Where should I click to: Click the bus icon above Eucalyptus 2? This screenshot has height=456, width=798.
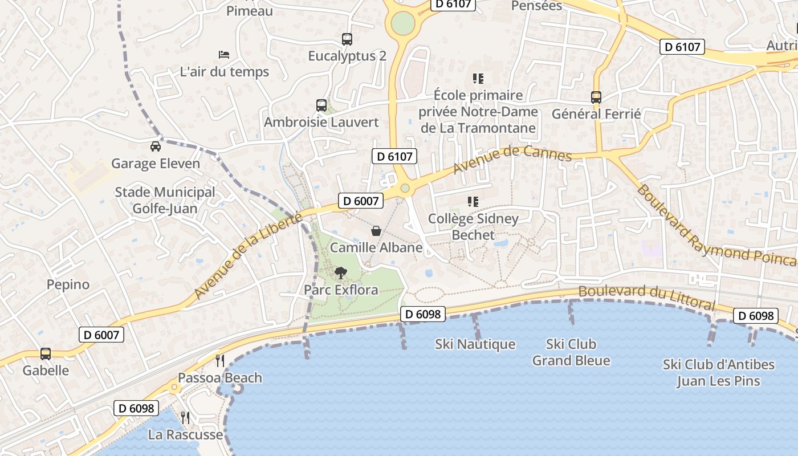(347, 39)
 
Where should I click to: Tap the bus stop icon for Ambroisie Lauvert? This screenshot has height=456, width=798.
(321, 105)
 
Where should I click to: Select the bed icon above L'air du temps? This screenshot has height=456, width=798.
(224, 55)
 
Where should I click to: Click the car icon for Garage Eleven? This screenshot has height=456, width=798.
(155, 146)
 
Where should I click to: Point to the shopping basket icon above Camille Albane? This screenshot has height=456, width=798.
(376, 231)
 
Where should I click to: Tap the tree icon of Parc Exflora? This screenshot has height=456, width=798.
(341, 272)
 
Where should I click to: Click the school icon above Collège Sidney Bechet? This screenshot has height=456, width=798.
(473, 202)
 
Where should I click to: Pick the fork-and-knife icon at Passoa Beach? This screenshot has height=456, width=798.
(220, 360)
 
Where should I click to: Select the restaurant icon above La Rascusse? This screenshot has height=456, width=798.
(185, 418)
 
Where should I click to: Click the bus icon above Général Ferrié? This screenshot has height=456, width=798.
(596, 97)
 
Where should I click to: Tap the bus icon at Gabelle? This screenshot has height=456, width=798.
(46, 354)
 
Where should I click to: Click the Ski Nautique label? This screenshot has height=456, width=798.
(475, 344)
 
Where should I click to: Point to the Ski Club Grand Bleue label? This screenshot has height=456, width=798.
(571, 352)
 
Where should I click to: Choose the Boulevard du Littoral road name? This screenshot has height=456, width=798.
(646, 297)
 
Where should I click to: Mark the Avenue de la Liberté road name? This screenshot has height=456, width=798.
(247, 255)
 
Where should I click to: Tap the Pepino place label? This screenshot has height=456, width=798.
(68, 284)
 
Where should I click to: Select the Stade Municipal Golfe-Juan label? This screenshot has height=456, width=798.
(165, 200)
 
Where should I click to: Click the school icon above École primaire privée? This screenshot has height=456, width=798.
(478, 79)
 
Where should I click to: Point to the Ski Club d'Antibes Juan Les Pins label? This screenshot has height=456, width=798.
(718, 373)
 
